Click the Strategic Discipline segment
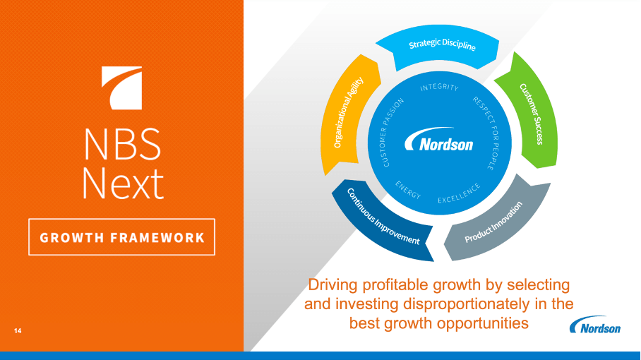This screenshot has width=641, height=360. click(442, 46)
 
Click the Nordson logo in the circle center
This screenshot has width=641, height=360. click(438, 144)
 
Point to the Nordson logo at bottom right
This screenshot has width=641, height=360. click(596, 327)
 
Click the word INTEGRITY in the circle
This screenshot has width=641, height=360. click(439, 88)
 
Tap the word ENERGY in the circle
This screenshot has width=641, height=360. click(408, 190)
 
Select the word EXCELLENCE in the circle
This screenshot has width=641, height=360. click(459, 193)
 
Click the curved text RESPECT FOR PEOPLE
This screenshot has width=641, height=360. click(484, 133)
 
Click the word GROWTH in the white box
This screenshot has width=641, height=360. click(71, 238)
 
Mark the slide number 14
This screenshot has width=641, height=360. click(17, 330)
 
